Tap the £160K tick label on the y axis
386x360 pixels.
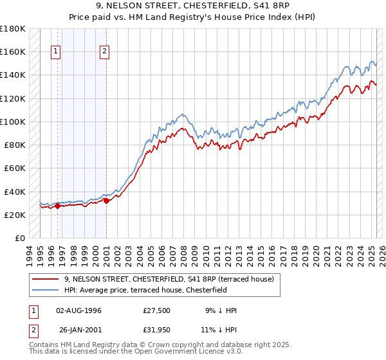click(13, 51)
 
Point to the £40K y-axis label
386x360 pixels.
click(15, 192)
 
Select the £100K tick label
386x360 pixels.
click(13, 122)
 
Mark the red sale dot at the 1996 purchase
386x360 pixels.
click(57, 206)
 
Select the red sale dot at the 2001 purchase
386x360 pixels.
click(106, 201)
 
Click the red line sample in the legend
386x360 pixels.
click(46, 279)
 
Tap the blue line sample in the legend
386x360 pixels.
click(46, 290)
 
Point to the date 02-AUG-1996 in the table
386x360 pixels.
click(78, 310)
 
